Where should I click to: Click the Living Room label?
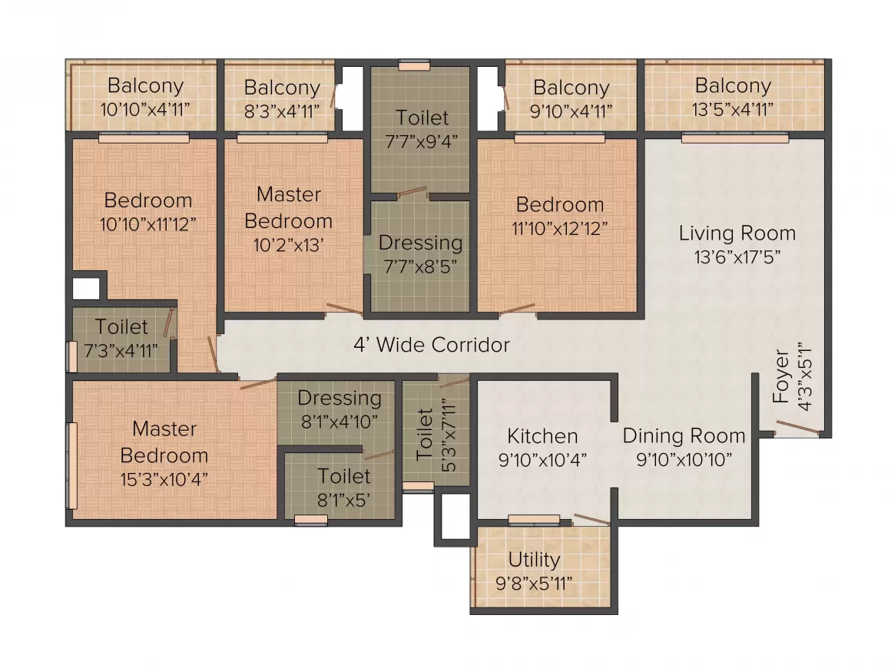tap(736, 233)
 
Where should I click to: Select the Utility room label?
tap(534, 560)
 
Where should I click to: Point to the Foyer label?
tap(781, 376)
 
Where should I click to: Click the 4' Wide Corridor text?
tap(431, 345)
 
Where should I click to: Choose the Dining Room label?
tap(684, 436)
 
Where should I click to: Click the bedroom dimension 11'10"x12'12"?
tap(560, 229)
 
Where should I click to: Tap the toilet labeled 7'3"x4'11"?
tap(122, 339)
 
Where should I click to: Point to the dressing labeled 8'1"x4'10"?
tap(339, 409)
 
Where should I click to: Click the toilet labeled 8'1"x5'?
tap(344, 488)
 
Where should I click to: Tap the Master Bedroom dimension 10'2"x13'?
tap(288, 245)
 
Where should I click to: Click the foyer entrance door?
tap(796, 428)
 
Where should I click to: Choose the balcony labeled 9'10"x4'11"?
tap(571, 98)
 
